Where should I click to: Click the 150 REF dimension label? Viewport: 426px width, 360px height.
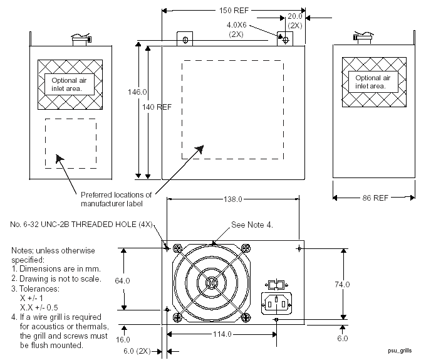(234, 10)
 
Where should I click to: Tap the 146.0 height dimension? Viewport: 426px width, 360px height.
(137, 92)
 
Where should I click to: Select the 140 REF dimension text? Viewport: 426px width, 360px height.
(157, 107)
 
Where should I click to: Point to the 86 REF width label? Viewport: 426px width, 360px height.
(375, 198)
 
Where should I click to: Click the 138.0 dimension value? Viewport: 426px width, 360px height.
(233, 199)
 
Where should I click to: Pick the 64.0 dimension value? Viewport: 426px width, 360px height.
(122, 280)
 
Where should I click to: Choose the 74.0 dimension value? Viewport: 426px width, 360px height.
(342, 284)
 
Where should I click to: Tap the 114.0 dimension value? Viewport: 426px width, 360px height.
(222, 334)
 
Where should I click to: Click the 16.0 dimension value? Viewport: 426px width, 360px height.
(123, 339)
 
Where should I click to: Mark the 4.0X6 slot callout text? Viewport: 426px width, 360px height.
(237, 25)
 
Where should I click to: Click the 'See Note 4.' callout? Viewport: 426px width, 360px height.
(252, 225)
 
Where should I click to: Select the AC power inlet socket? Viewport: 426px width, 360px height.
(276, 304)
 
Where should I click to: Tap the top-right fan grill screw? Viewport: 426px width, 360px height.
(246, 248)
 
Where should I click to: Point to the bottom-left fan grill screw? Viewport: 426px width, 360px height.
(177, 317)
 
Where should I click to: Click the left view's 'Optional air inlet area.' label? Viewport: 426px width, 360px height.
(69, 84)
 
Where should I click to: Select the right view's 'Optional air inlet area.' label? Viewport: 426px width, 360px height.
(373, 82)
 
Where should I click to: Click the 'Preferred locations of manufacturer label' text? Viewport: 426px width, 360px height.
(116, 199)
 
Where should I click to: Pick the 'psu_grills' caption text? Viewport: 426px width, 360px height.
(400, 351)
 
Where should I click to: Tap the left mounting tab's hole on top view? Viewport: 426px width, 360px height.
(185, 40)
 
